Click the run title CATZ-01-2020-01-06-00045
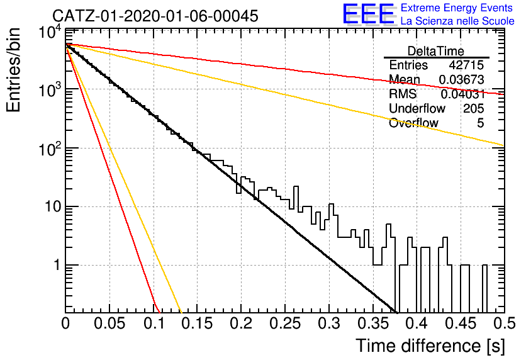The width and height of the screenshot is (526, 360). (155, 16)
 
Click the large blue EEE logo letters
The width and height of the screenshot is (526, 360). (369, 14)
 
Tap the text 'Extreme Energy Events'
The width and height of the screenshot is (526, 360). (457, 8)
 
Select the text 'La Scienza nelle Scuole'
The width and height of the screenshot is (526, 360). (457, 21)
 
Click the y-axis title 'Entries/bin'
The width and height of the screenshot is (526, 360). (13, 70)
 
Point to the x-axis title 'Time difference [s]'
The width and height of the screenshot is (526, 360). (430, 346)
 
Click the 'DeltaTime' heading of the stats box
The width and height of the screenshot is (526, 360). (436, 51)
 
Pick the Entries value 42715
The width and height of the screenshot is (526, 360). (467, 65)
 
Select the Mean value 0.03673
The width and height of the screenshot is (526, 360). (462, 79)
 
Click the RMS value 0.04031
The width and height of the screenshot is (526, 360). (462, 94)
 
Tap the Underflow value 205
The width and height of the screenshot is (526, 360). (474, 108)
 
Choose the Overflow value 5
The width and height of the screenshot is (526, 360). (481, 123)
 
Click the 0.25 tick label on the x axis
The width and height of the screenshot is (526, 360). (285, 323)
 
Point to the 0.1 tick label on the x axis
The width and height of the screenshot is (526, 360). (154, 323)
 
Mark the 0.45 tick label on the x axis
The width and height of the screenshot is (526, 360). (461, 323)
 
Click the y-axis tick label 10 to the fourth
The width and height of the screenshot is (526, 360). (50, 33)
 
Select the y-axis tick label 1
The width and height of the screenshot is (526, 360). (57, 266)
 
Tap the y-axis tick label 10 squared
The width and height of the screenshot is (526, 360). (50, 149)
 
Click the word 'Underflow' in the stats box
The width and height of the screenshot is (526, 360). (417, 108)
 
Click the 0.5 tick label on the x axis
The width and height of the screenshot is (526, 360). (505, 323)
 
